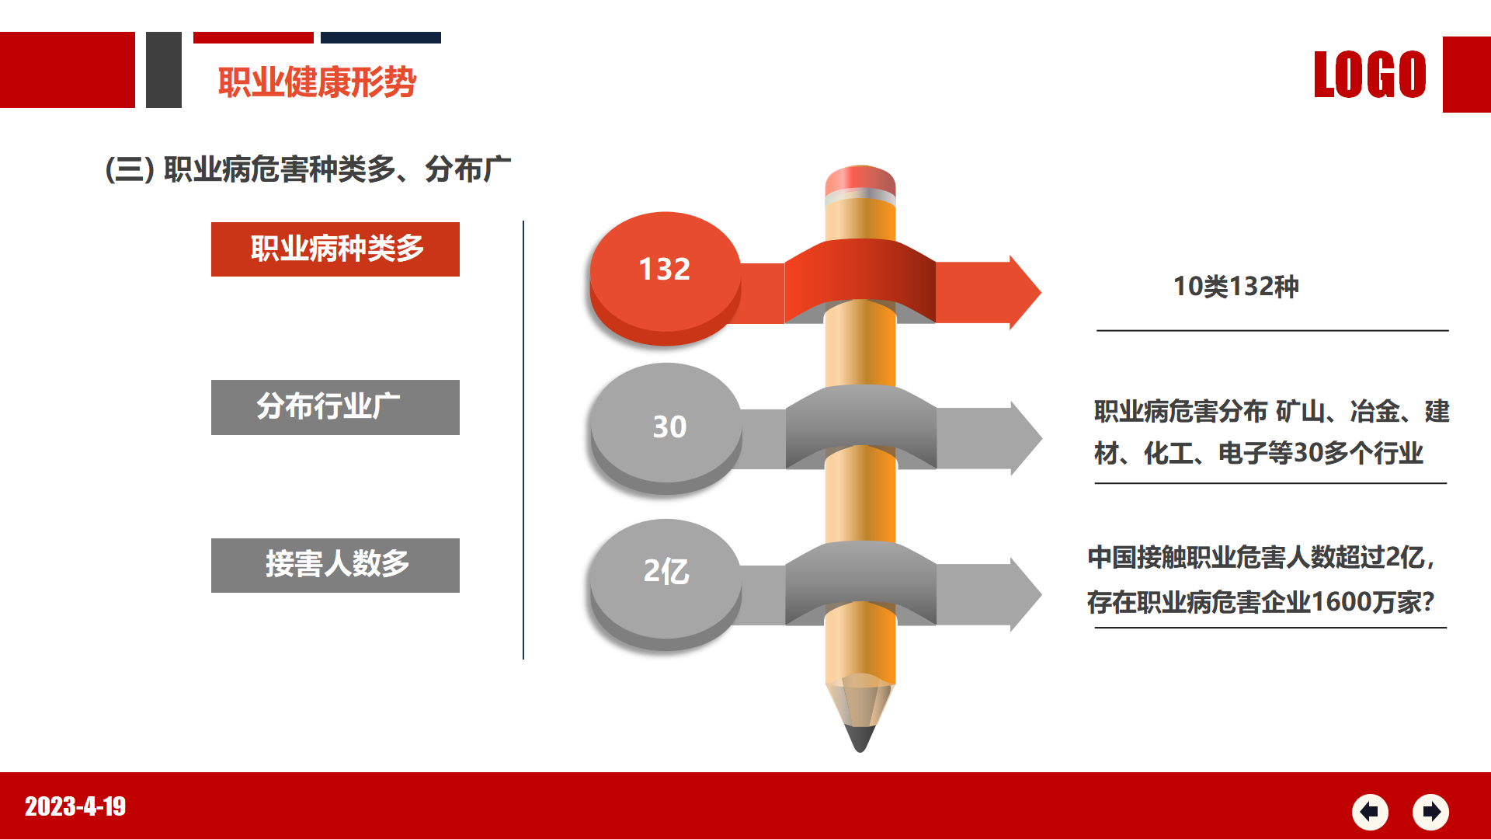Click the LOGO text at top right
point(1370,75)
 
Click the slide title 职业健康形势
point(317,82)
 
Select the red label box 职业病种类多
point(335,249)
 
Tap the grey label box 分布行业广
point(335,407)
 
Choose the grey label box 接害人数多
point(335,566)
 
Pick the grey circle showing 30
point(666,428)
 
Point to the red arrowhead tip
point(1041,292)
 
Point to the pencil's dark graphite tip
point(860,738)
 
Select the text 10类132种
point(1236,287)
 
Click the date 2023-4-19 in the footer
point(75,806)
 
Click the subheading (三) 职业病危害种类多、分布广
point(308,169)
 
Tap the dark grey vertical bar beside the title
point(164,70)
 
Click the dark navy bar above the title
point(381,37)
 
